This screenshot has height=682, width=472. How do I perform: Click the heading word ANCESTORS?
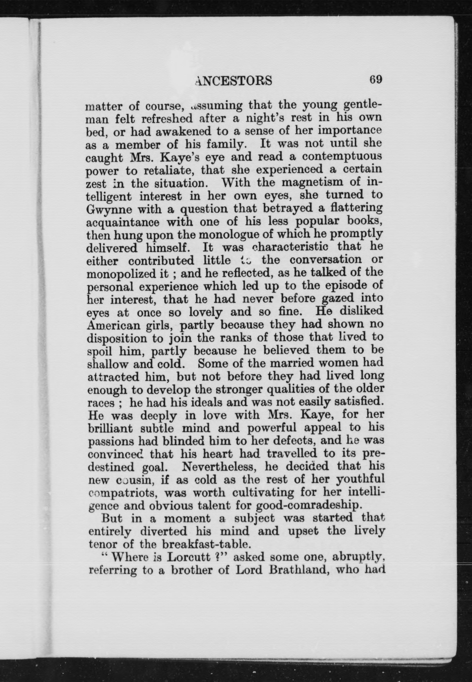[x=234, y=80]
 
